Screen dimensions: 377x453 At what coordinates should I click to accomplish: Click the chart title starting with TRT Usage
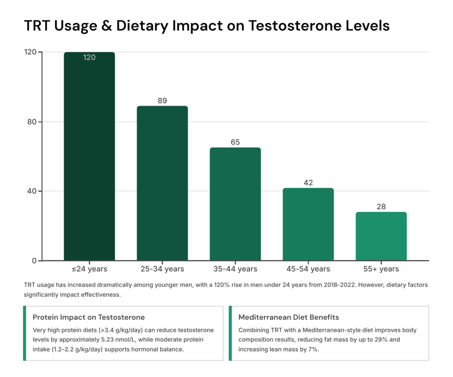pyautogui.click(x=207, y=26)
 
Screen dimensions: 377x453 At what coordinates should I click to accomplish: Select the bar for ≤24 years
pyautogui.click(x=89, y=157)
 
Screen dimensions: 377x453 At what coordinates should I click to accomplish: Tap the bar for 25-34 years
pyautogui.click(x=162, y=183)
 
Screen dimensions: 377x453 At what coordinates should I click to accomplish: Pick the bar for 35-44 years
pyautogui.click(x=235, y=204)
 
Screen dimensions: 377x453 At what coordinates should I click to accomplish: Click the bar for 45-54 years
pyautogui.click(x=308, y=225)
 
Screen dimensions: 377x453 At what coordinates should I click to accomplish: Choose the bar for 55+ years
pyautogui.click(x=381, y=236)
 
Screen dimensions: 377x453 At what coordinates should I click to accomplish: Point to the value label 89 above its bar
pyautogui.click(x=162, y=101)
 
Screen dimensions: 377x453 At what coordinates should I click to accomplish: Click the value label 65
pyautogui.click(x=235, y=142)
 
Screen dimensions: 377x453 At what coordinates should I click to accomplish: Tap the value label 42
pyautogui.click(x=308, y=183)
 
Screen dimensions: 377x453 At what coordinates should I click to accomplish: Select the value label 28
pyautogui.click(x=381, y=207)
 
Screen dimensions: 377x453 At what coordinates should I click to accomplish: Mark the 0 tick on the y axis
pyautogui.click(x=33, y=261)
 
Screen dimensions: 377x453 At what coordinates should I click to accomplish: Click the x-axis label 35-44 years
pyautogui.click(x=235, y=269)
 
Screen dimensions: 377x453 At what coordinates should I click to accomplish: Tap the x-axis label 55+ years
pyautogui.click(x=381, y=269)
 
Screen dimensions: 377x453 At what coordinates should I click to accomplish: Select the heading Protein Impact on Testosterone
pyautogui.click(x=88, y=317)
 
